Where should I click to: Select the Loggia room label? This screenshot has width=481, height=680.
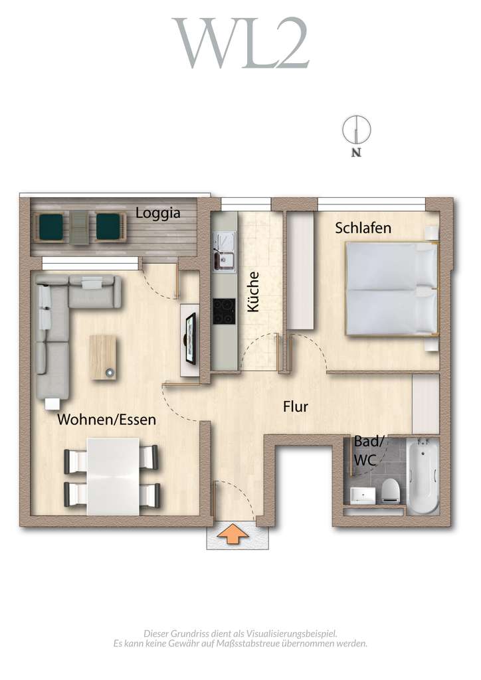point(158,213)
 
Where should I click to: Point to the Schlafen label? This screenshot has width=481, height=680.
point(363,228)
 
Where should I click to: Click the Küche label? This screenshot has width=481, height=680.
point(252,292)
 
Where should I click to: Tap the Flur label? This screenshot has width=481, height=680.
point(295,406)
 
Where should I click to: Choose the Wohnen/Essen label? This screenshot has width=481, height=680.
point(106,420)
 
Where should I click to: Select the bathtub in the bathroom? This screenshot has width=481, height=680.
point(422,476)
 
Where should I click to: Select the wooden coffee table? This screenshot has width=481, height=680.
point(103,357)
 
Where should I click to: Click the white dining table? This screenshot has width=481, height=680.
point(113,475)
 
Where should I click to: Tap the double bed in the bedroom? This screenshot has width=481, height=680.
point(391,288)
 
